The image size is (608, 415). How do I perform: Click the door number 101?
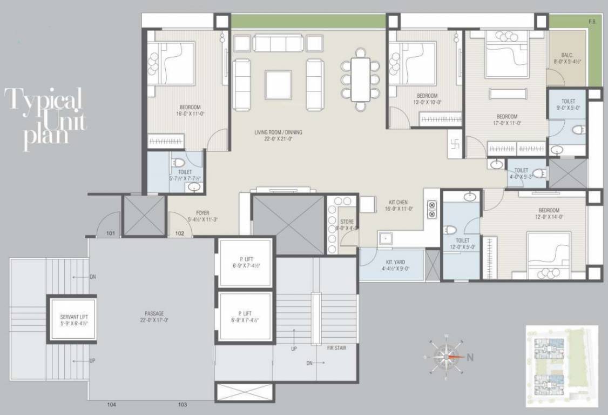[x=111, y=234]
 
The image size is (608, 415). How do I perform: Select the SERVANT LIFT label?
[x=73, y=319]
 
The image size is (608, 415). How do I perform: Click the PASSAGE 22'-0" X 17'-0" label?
[x=154, y=317]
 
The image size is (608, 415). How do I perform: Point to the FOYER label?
[x=202, y=216]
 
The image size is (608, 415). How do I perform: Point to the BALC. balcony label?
[x=566, y=58]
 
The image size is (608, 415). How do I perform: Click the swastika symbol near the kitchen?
[x=454, y=144]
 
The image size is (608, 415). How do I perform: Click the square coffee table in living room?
[x=278, y=85]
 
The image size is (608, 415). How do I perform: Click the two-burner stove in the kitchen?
[x=432, y=209]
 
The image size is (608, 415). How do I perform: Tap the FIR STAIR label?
[x=336, y=348]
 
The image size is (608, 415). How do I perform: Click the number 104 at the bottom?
[x=112, y=404]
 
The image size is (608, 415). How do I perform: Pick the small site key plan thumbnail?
[x=562, y=366]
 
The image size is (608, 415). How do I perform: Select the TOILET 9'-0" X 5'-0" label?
[x=568, y=104]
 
